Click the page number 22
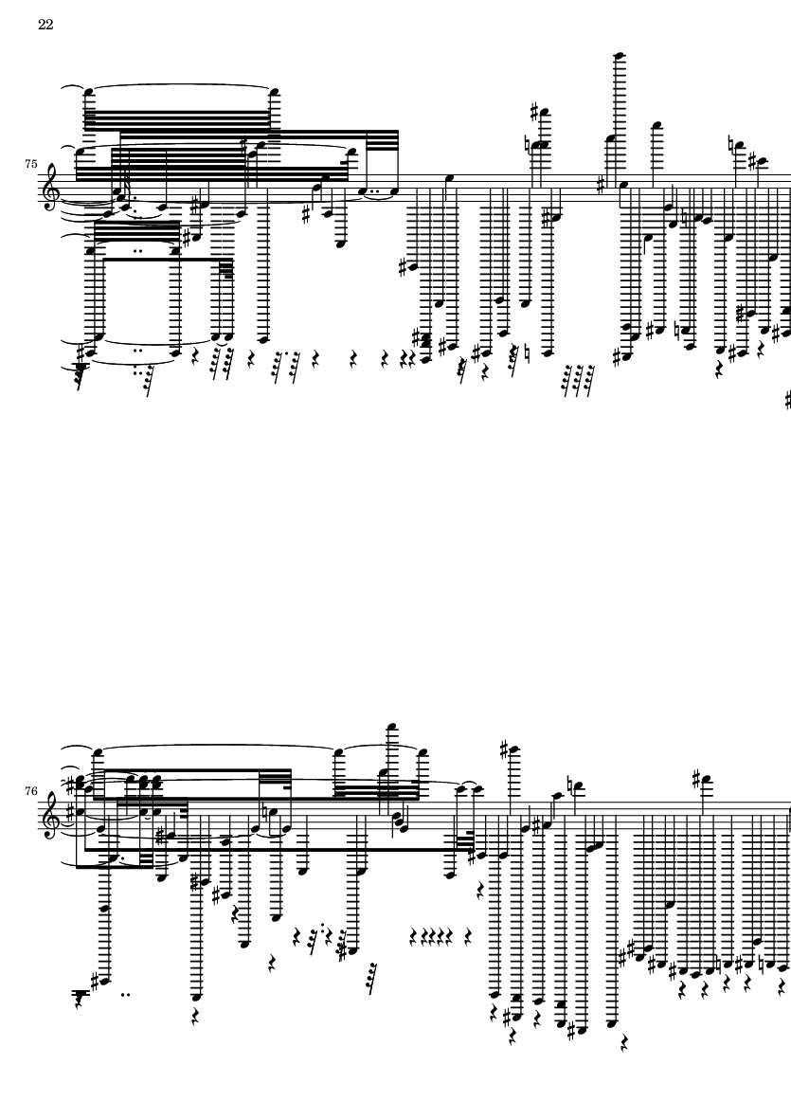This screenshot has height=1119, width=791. point(45,25)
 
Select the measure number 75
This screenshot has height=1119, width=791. point(30,164)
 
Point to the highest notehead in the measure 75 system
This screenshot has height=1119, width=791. point(620,55)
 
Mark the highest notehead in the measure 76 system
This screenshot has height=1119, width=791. point(391,727)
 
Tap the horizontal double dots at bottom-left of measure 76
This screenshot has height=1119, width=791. point(126,994)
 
